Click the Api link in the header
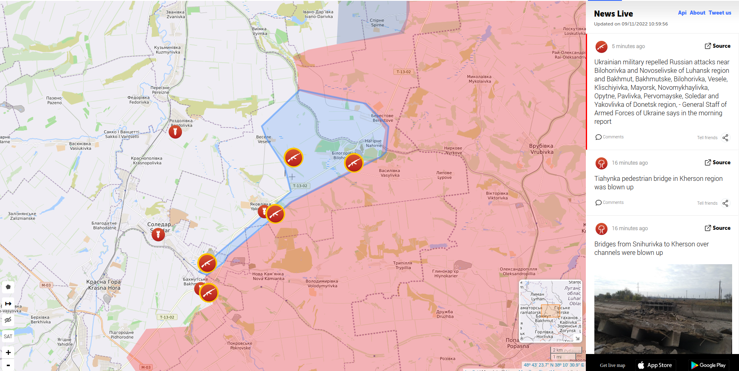coord(682,13)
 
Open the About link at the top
coord(697,13)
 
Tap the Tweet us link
coord(720,13)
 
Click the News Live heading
coord(613,14)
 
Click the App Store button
coord(655,365)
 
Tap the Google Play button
coord(708,365)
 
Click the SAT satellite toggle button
coord(8,336)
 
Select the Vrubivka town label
coord(541,149)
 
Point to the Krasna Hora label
coord(104,285)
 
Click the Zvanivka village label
coord(175,15)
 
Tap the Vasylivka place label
coord(390,173)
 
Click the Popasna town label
coord(517,343)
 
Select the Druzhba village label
coord(445,314)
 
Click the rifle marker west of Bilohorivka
coord(293,158)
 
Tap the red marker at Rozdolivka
coord(175,131)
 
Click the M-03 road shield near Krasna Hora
coord(46,285)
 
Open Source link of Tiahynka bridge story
coord(718,163)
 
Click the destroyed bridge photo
coord(663,309)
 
